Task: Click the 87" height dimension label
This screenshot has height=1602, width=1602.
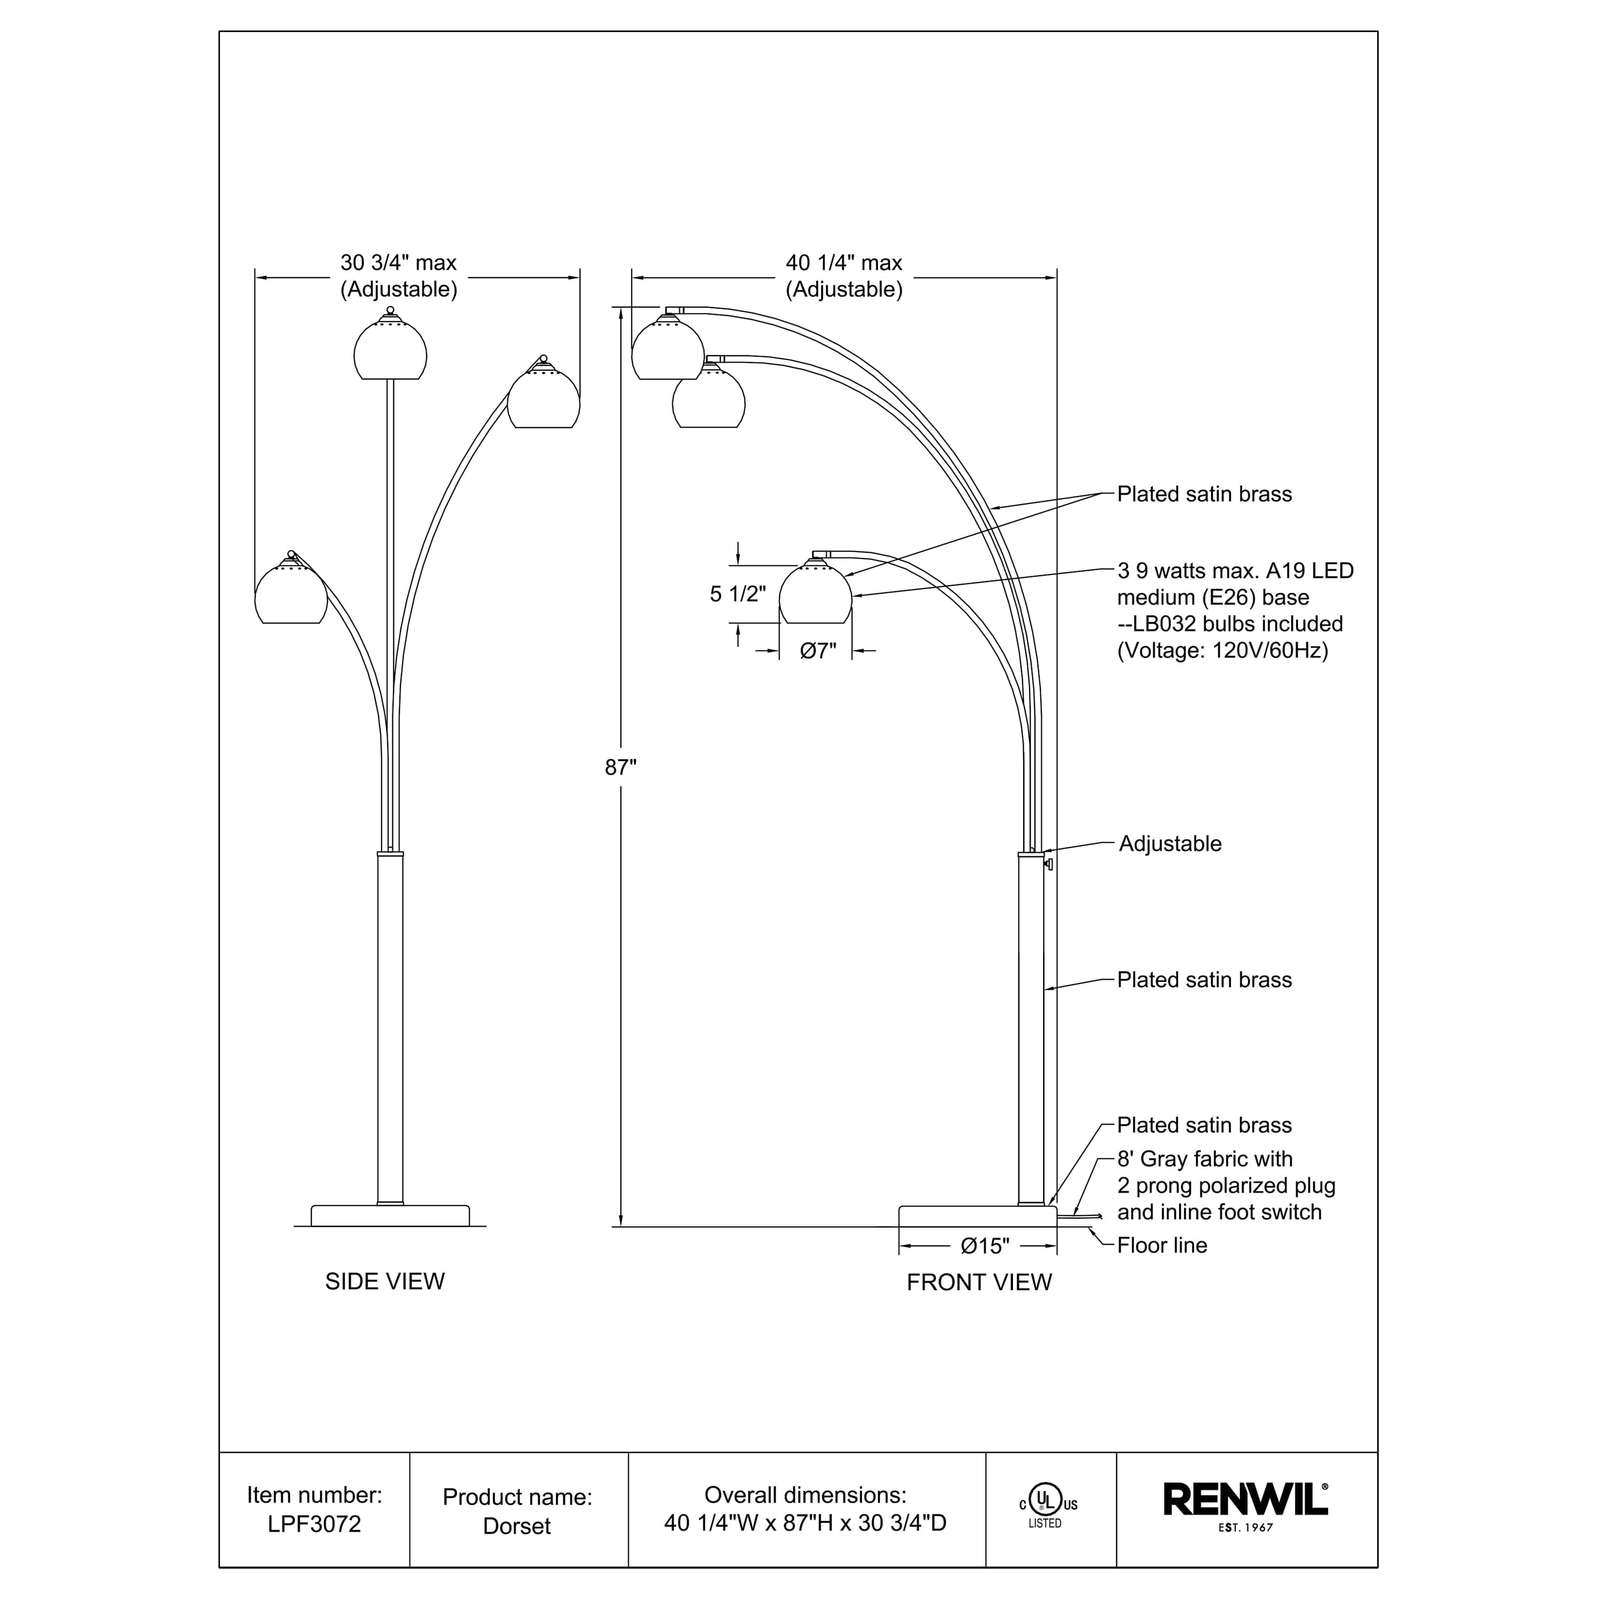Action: (620, 768)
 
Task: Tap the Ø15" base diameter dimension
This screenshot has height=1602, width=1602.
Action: (985, 1245)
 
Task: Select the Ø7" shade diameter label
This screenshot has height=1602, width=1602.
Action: (818, 651)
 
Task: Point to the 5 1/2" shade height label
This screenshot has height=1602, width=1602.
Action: (737, 594)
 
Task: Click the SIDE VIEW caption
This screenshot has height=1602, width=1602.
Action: (384, 1281)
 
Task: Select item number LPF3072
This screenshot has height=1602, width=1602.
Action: (315, 1524)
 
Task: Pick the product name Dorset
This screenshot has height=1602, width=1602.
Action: (516, 1526)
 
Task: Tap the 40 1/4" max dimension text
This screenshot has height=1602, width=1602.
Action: (844, 263)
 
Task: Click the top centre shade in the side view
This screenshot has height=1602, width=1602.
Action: (390, 350)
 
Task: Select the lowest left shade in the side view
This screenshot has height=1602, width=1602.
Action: (291, 594)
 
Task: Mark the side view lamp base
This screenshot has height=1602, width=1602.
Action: (390, 1215)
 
